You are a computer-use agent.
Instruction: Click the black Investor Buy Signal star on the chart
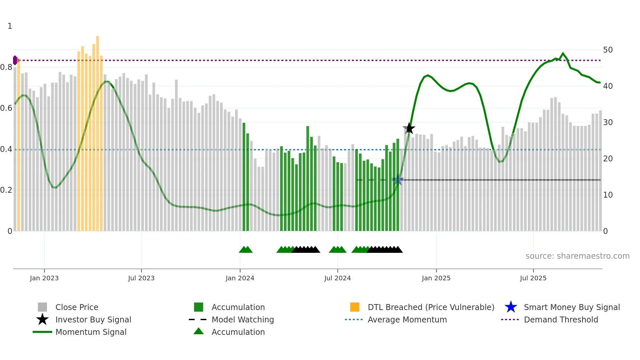coord(409,128)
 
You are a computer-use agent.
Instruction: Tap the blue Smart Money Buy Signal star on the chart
coord(398,180)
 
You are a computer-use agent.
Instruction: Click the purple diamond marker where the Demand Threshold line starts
coord(15,60)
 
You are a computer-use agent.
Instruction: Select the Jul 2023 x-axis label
coord(141,278)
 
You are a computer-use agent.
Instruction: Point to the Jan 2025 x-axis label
coord(436,278)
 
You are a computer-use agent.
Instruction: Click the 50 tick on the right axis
coord(608,50)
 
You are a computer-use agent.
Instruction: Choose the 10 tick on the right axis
coord(608,195)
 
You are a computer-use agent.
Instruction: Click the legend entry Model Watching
coord(243,319)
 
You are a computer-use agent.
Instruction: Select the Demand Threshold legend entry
coord(561,319)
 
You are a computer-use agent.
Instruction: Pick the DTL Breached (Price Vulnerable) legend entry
coord(431,307)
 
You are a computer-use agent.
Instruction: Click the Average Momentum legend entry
coord(407,319)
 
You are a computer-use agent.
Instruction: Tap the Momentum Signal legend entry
coord(91,332)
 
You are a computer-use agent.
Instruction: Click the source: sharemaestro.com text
coord(577,256)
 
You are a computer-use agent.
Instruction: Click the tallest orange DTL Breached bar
coord(97,131)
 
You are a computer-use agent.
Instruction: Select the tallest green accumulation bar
coord(308,176)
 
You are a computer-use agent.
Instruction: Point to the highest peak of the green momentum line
coord(563,53)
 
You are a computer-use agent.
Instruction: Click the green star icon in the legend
coord(511,307)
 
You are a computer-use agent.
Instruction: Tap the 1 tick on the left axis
coord(10,26)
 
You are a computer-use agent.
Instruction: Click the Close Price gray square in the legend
coord(42,307)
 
